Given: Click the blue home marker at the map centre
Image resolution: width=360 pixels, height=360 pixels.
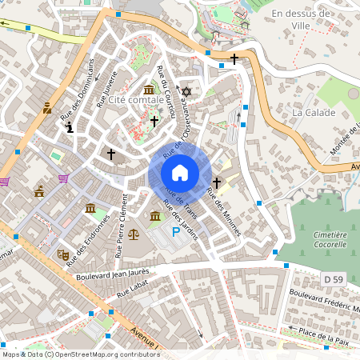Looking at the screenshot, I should click(180, 173).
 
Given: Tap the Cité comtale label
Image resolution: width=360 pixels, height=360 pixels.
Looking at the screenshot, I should click(140, 100).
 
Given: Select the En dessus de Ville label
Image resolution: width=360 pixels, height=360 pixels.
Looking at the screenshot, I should click(301, 18).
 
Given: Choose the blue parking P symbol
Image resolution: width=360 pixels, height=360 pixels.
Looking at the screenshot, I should click(175, 232).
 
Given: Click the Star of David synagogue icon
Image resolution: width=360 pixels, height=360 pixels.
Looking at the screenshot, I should click(187, 92).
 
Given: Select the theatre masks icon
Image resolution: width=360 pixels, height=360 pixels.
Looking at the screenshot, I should click(62, 254).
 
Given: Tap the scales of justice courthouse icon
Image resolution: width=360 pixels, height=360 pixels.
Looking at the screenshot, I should click(133, 235).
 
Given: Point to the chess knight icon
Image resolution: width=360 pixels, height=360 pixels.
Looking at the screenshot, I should click(71, 126).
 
